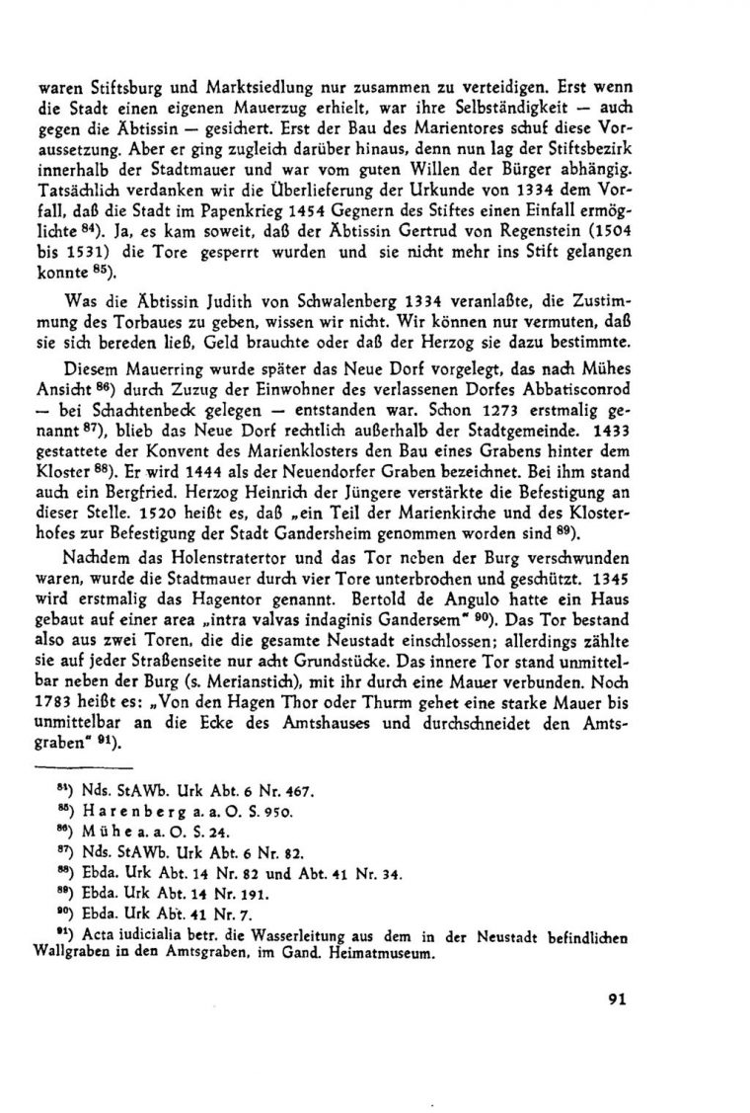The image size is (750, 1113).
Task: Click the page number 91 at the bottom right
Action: point(619,997)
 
